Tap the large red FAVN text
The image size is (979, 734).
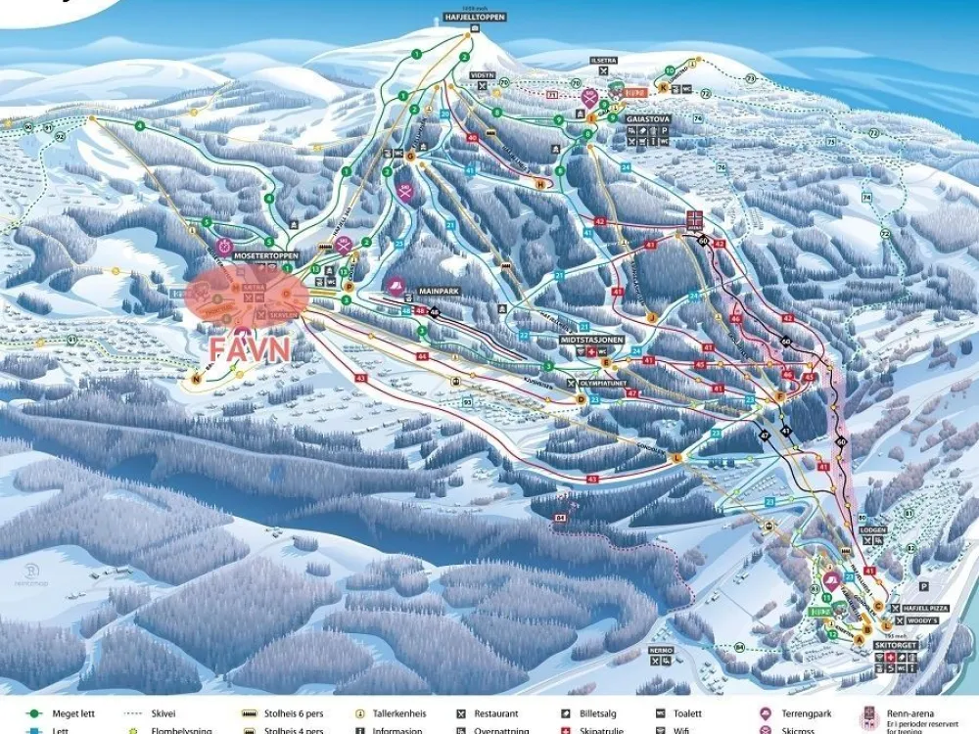pyautogui.click(x=250, y=349)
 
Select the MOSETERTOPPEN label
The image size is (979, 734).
pyautogui.click(x=266, y=255)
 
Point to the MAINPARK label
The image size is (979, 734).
pyautogui.click(x=439, y=291)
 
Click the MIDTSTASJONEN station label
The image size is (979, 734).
pyautogui.click(x=593, y=340)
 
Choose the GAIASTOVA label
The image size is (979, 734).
pyautogui.click(x=647, y=119)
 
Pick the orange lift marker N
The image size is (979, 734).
pyautogui.click(x=197, y=379)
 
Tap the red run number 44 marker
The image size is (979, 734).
pyautogui.click(x=423, y=357)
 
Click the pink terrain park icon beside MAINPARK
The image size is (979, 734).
pyautogui.click(x=396, y=287)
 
